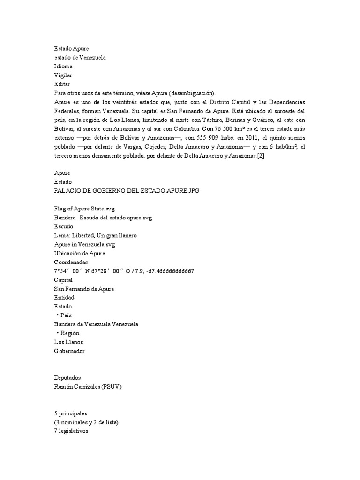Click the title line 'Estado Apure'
pos(71,48)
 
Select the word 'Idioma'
pos(63,66)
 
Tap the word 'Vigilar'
pos(63,75)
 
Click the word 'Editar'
pos(62,84)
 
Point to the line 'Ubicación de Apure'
pos(80,253)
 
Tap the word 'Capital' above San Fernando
pos(64,280)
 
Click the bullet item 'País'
pos(66,315)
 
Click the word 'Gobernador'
pos(70,351)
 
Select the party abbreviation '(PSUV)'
pos(113,386)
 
